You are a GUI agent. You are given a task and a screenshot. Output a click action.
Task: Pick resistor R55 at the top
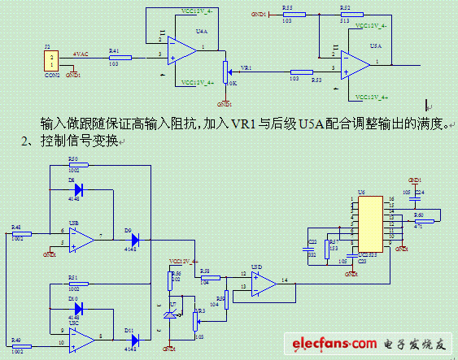pyautogui.click(x=287, y=14)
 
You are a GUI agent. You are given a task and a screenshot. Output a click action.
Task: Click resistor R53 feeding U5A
pyautogui.click(x=301, y=72)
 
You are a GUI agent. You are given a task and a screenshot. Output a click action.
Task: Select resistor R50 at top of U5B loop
pyautogui.click(x=74, y=165)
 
